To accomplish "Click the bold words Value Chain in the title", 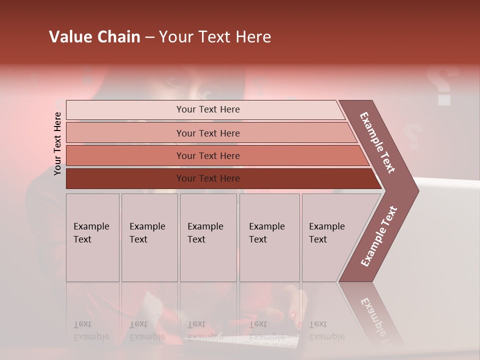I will pyautogui.click(x=94, y=37).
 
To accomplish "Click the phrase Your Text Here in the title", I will pyautogui.click(x=215, y=37).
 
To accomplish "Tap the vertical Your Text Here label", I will pyautogui.click(x=57, y=143).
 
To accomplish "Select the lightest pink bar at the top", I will pyautogui.click(x=207, y=109).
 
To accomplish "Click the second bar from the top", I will pyautogui.click(x=207, y=133).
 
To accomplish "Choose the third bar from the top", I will pyautogui.click(x=207, y=155).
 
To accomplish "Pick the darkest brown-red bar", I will pyautogui.click(x=207, y=178).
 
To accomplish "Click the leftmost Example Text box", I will pyautogui.click(x=92, y=237).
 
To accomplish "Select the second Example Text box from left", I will pyautogui.click(x=149, y=237).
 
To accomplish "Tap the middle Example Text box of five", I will pyautogui.click(x=208, y=237).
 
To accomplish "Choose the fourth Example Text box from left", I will pyautogui.click(x=269, y=237).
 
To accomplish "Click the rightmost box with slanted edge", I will pyautogui.click(x=330, y=237).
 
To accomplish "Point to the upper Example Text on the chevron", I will pyautogui.click(x=377, y=142).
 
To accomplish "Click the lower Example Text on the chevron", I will pyautogui.click(x=379, y=236).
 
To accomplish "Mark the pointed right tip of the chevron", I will pyautogui.click(x=417, y=190).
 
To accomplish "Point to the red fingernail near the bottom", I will pyautogui.click(x=292, y=315).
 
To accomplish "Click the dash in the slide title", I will pyautogui.click(x=149, y=37).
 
